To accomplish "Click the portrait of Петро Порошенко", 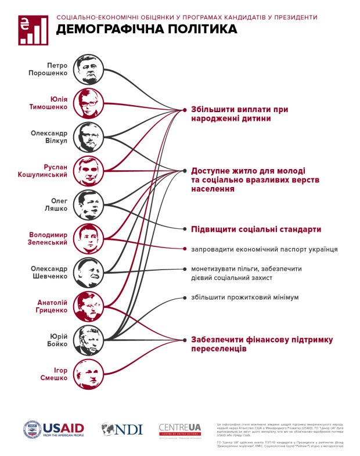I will [89, 69].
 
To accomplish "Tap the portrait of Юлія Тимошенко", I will [89, 103].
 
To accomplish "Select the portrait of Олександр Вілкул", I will [89, 137].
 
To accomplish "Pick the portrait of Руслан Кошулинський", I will [89, 170].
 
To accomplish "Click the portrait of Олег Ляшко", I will [89, 204].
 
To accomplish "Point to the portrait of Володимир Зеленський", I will [89, 238].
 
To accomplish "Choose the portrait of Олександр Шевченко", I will [89, 272].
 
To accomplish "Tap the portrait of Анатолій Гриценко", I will [89, 306].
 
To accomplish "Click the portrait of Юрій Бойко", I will [89, 340].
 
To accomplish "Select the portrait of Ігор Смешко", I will [89, 374].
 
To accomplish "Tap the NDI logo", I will [122, 429].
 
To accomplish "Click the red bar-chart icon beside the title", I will [34, 30].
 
